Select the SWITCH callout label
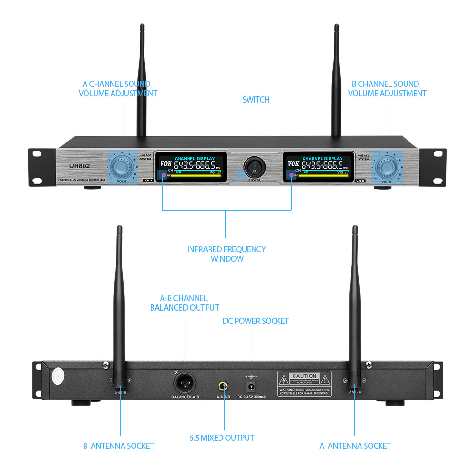coord(256,100)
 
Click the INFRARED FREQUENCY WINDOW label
coord(226,254)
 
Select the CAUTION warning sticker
coord(304,383)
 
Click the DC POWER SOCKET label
coord(256,321)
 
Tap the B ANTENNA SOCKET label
coord(118,446)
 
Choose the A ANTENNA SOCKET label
coord(355,446)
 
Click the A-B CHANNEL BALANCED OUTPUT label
coord(184,303)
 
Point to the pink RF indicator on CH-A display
coord(163,176)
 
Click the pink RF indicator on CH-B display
coord(291,176)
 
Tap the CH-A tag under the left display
coord(148,180)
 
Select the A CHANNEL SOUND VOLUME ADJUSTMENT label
coord(118,89)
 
